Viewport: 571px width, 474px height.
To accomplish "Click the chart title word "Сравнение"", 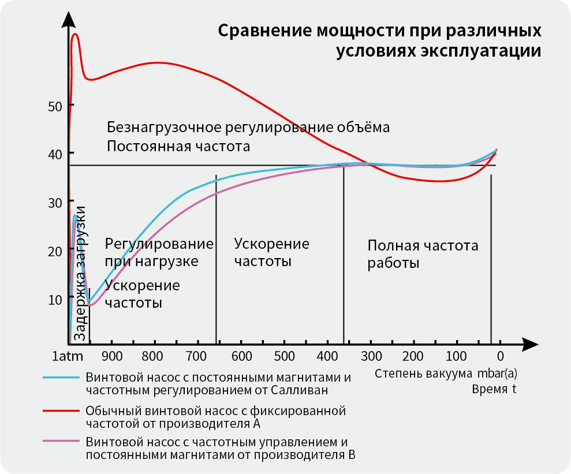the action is click(265, 31).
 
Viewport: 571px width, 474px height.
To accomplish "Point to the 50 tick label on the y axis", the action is click(55, 107).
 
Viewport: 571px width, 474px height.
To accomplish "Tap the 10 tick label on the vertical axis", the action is click(55, 300).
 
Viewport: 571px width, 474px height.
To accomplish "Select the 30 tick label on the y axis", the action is click(55, 203).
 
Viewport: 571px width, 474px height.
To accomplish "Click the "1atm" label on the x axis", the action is click(68, 356).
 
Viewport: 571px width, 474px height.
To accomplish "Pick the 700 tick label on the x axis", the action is click(196, 356).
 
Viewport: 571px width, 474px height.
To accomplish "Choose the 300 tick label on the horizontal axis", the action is click(371, 356).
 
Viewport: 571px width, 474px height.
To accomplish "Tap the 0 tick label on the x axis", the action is click(501, 356).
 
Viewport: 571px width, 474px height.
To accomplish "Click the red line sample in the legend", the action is click(61, 410).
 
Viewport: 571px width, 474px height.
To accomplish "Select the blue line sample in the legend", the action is click(61, 378).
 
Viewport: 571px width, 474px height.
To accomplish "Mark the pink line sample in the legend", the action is click(61, 441).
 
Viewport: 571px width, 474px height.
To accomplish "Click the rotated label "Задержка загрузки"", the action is click(80, 273).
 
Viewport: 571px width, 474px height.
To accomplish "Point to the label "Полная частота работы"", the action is click(423, 254).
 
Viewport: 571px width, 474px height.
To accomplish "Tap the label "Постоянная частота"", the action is click(178, 146).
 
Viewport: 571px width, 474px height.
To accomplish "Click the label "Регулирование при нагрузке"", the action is click(159, 252).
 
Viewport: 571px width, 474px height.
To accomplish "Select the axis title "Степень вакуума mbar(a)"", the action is click(446, 374).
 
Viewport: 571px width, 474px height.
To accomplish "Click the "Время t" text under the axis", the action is click(494, 389).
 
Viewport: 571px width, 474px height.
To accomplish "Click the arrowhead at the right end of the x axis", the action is click(529, 345).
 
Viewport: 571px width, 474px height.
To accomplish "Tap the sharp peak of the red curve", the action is click(76, 34).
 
